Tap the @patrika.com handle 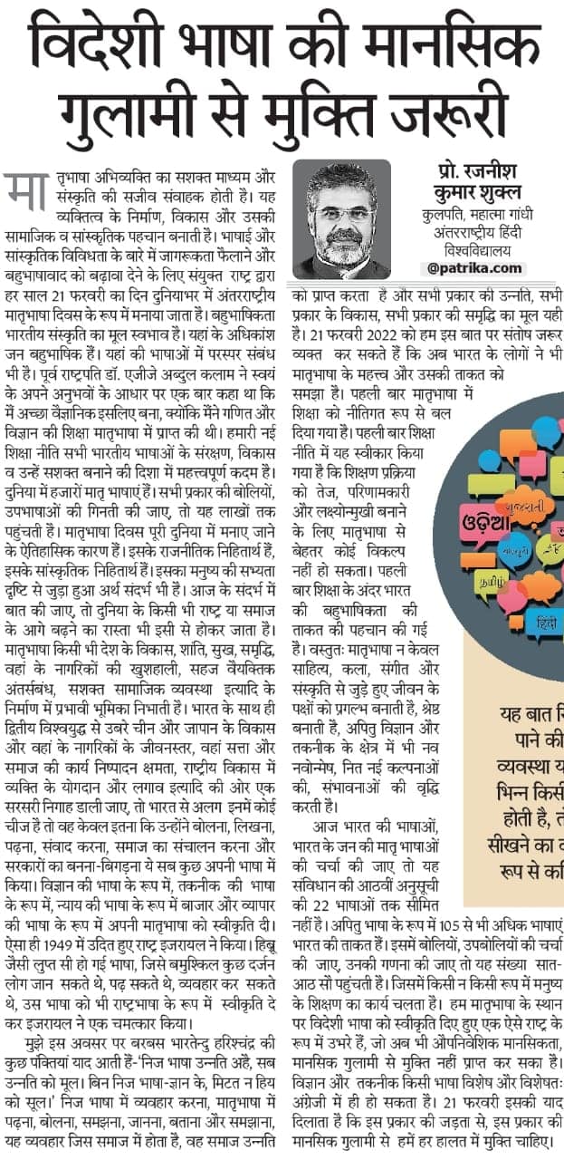pos(474,267)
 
